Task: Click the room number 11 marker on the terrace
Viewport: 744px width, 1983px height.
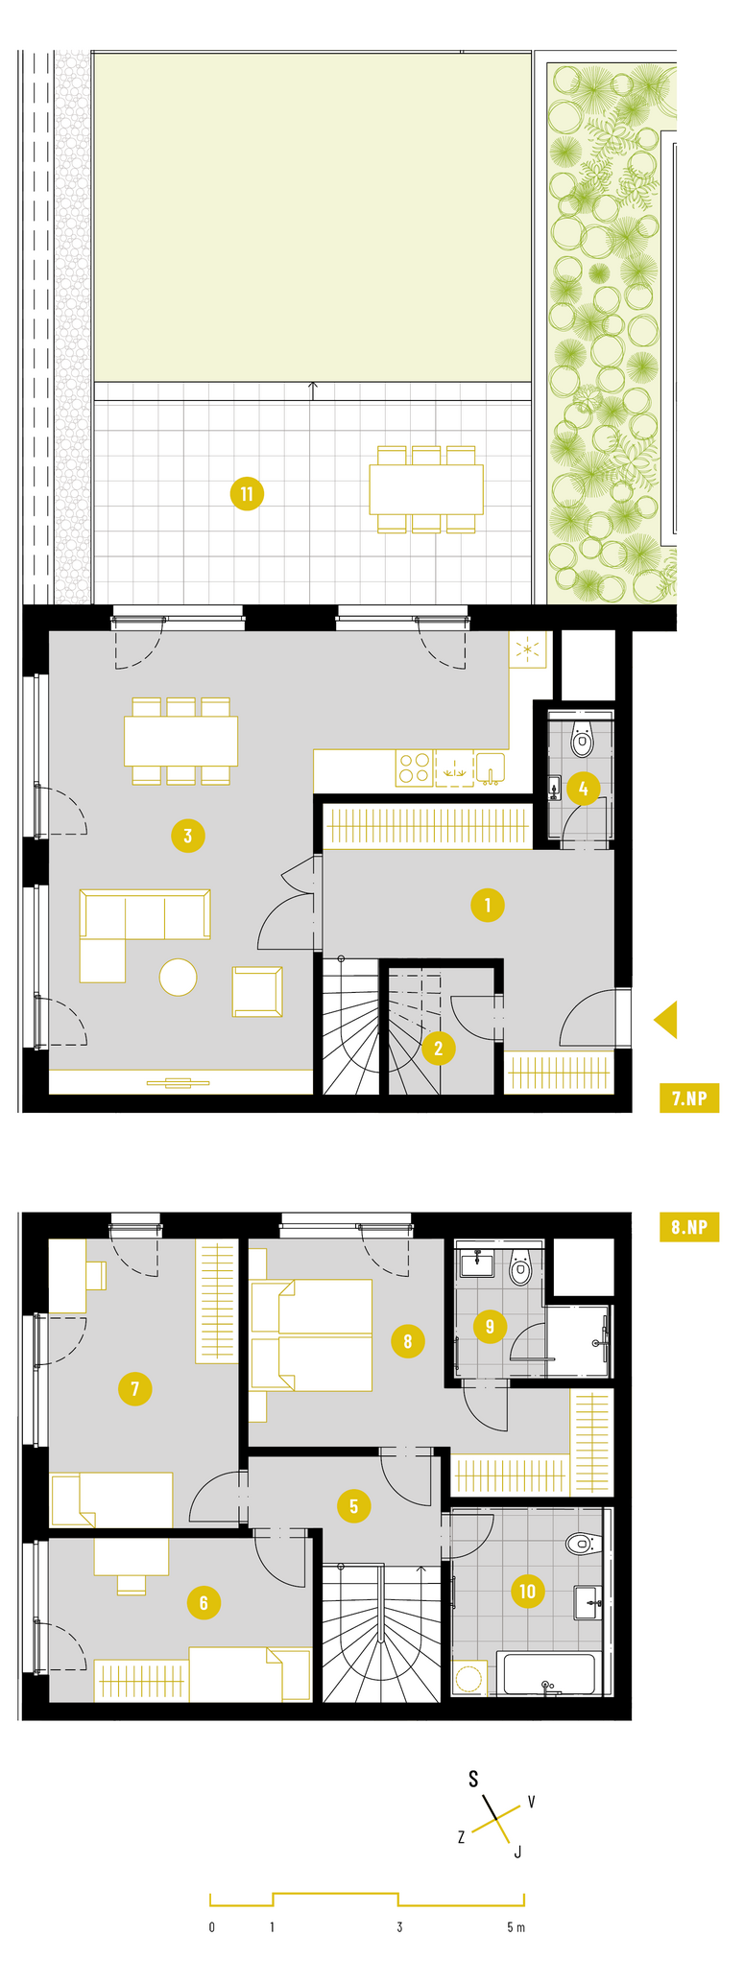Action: click(x=247, y=494)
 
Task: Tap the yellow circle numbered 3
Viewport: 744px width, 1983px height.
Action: click(x=187, y=836)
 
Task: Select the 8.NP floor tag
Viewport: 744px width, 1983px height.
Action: click(x=688, y=1228)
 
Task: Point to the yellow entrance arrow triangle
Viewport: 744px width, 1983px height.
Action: click(x=666, y=1019)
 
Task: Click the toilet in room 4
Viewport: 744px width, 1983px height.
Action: click(x=582, y=740)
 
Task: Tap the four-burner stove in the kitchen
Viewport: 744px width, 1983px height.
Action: click(x=415, y=768)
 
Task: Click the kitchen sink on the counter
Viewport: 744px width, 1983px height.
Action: click(x=490, y=768)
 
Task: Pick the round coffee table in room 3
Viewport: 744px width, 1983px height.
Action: click(x=178, y=978)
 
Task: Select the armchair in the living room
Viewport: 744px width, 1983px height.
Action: click(x=257, y=991)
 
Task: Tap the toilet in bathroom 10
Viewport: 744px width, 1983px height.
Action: click(x=580, y=1544)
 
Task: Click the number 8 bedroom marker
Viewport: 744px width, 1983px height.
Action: click(x=407, y=1340)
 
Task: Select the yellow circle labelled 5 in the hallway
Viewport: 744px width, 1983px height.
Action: click(x=353, y=1506)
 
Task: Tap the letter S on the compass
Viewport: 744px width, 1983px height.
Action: click(x=473, y=1779)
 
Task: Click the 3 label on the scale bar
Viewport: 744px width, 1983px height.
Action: click(x=399, y=1927)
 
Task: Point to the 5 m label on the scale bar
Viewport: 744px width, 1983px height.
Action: click(x=516, y=1927)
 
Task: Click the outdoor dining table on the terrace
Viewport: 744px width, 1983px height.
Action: click(x=426, y=489)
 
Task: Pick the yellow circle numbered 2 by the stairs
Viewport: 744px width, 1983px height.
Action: click(x=439, y=1049)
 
